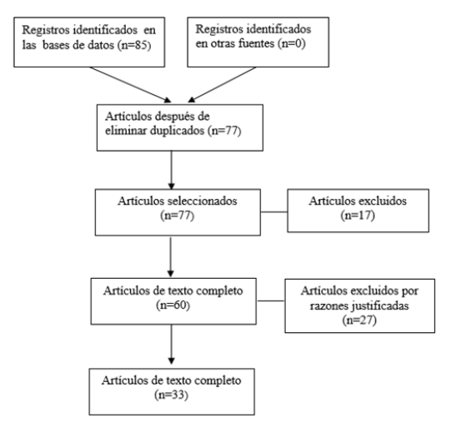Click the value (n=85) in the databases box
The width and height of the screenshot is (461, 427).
(x=134, y=46)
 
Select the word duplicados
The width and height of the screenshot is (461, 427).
(x=177, y=131)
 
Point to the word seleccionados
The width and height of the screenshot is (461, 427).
(x=203, y=201)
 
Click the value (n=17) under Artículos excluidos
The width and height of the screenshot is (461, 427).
(x=358, y=216)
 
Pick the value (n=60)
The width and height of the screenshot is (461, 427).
(x=173, y=305)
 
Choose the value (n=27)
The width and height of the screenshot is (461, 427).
(x=359, y=320)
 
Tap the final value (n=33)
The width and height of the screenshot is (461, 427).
(x=171, y=395)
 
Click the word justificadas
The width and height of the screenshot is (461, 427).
(x=380, y=306)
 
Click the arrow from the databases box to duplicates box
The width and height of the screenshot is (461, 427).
(x=130, y=85)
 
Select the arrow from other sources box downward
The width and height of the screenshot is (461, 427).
(x=222, y=85)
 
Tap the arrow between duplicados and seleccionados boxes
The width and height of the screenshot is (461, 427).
(x=171, y=170)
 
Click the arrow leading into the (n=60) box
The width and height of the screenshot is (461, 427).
(x=171, y=257)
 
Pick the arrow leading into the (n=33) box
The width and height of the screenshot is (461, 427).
(x=171, y=345)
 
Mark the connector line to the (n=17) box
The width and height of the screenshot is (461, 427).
(x=274, y=212)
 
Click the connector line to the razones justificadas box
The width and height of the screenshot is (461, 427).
(x=271, y=300)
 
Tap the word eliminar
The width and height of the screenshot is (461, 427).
(x=126, y=131)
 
